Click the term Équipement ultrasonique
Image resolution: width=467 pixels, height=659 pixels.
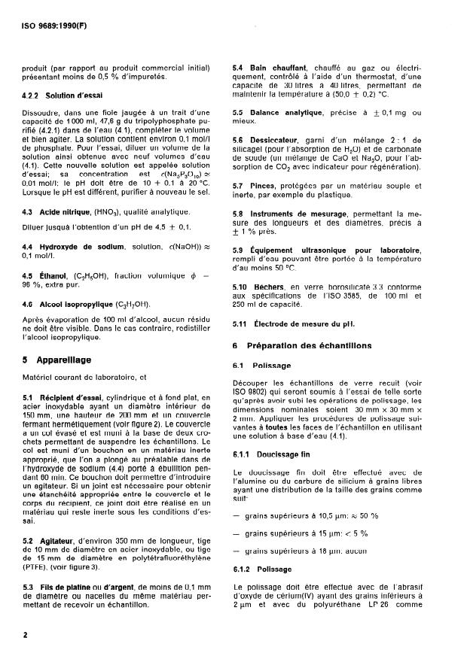click(x=307, y=250)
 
